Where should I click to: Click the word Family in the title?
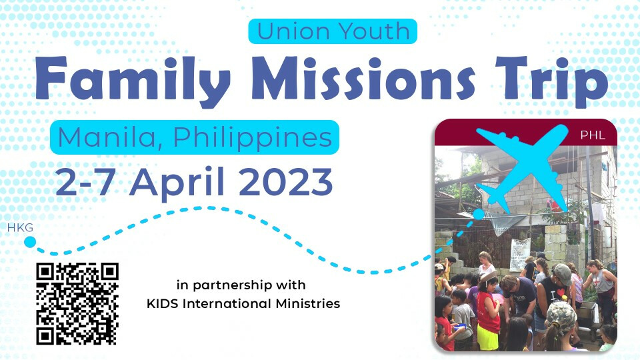pyautogui.click(x=133, y=79)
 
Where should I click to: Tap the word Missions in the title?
pyautogui.click(x=363, y=77)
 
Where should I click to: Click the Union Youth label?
pyautogui.click(x=333, y=31)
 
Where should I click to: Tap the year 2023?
pyautogui.click(x=286, y=181)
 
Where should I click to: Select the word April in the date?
pyautogui.click(x=177, y=183)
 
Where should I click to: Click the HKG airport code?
pyautogui.click(x=20, y=228)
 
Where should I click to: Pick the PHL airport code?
pyautogui.click(x=593, y=135)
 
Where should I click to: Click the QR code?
pyautogui.click(x=77, y=304)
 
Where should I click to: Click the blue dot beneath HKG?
pyautogui.click(x=30, y=242)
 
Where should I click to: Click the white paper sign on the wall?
pyautogui.click(x=520, y=253)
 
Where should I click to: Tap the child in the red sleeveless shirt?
pyautogui.click(x=488, y=310)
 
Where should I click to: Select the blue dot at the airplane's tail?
pyautogui.click(x=479, y=214)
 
